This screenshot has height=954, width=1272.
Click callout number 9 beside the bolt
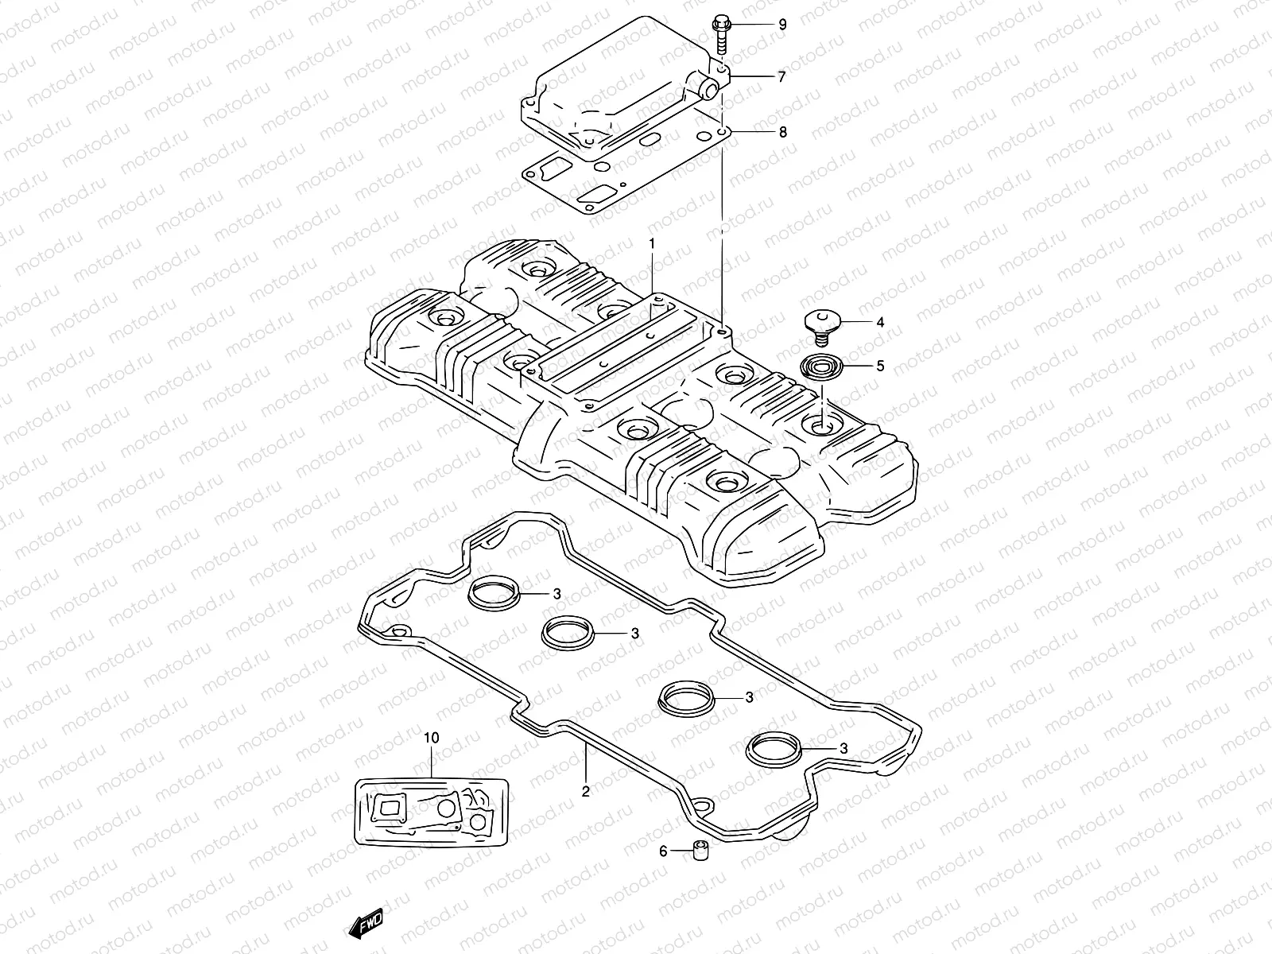coord(782,25)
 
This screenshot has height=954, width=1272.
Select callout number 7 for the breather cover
coord(782,77)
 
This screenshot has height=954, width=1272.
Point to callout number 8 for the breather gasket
coord(782,132)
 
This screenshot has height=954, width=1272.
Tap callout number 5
coord(858,366)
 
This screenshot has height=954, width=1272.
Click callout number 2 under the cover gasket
coord(585,791)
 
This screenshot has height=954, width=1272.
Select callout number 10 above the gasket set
coord(431,738)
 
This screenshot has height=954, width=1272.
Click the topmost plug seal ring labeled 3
coord(493,595)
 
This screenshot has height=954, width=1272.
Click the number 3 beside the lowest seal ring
coord(843,748)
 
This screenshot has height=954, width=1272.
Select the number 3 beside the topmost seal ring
coord(557,594)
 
